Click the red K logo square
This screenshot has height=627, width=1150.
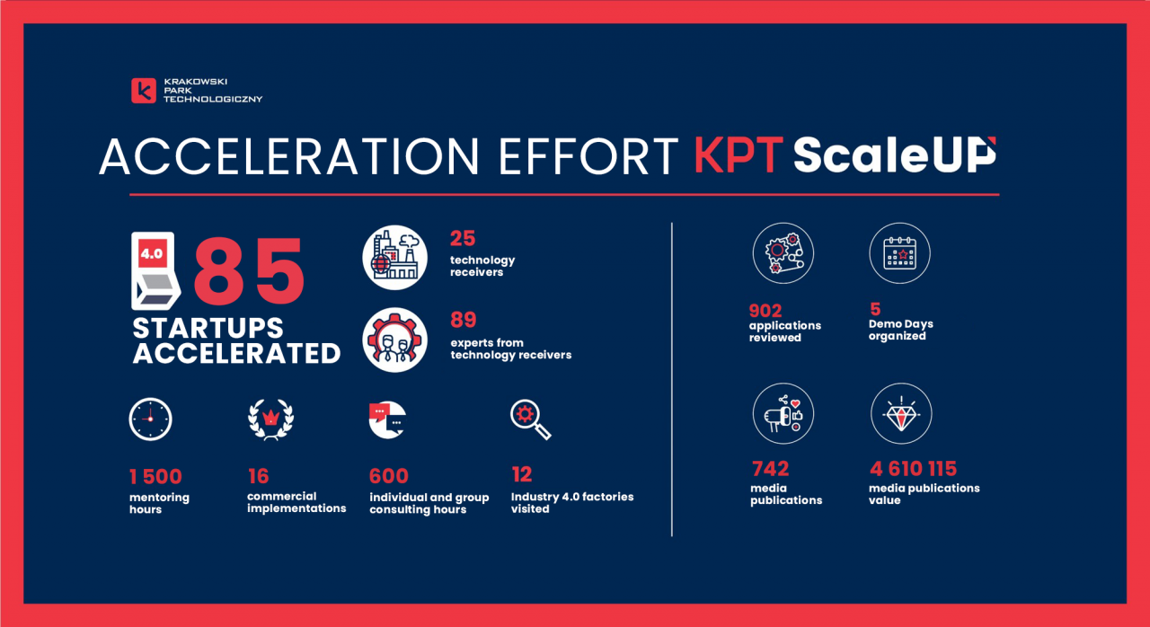(x=144, y=91)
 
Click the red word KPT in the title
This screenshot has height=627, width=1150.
(x=739, y=155)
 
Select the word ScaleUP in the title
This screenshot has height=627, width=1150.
(x=895, y=155)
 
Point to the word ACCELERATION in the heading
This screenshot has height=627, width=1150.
(x=289, y=156)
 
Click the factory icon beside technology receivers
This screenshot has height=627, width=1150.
(x=394, y=258)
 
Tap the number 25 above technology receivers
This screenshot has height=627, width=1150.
(x=463, y=238)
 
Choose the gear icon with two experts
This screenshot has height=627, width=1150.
(x=394, y=340)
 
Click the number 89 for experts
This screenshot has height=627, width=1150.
(x=463, y=320)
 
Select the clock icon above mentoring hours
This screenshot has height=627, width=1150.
(x=150, y=419)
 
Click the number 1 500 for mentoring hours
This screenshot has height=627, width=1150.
(x=155, y=477)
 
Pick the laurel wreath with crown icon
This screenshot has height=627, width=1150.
(x=271, y=419)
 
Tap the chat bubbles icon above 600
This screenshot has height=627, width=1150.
(x=387, y=419)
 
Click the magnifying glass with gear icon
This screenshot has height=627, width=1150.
(x=531, y=419)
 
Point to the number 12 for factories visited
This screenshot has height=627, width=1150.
(x=522, y=474)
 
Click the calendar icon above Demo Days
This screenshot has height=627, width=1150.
(x=899, y=253)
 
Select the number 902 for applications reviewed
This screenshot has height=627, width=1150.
(x=765, y=311)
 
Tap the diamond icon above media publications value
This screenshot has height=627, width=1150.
(x=901, y=413)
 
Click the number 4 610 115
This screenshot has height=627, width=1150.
(x=914, y=469)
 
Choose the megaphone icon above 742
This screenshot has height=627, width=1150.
(x=783, y=413)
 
